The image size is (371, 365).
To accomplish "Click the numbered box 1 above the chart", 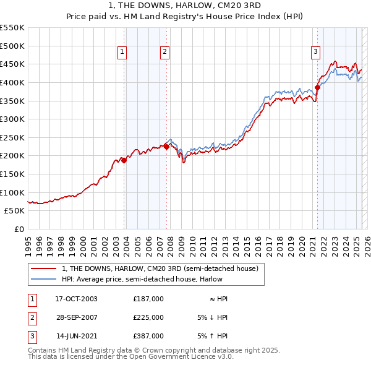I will (x=122, y=52).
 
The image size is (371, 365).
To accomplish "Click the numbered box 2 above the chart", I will (x=165, y=52).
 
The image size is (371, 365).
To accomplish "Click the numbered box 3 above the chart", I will (x=315, y=52).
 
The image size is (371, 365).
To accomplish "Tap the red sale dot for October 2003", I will (x=124, y=160).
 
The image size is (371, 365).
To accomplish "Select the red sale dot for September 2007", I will (x=167, y=147).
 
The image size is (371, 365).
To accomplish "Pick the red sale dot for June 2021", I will (x=317, y=87).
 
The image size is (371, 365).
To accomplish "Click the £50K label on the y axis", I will (x=15, y=210).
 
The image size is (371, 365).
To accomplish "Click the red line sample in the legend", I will (x=44, y=268).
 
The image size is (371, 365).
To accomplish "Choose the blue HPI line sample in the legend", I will (x=44, y=279).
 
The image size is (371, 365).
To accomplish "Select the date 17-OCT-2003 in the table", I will (x=76, y=298).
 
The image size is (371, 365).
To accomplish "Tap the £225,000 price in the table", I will (x=148, y=317).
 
